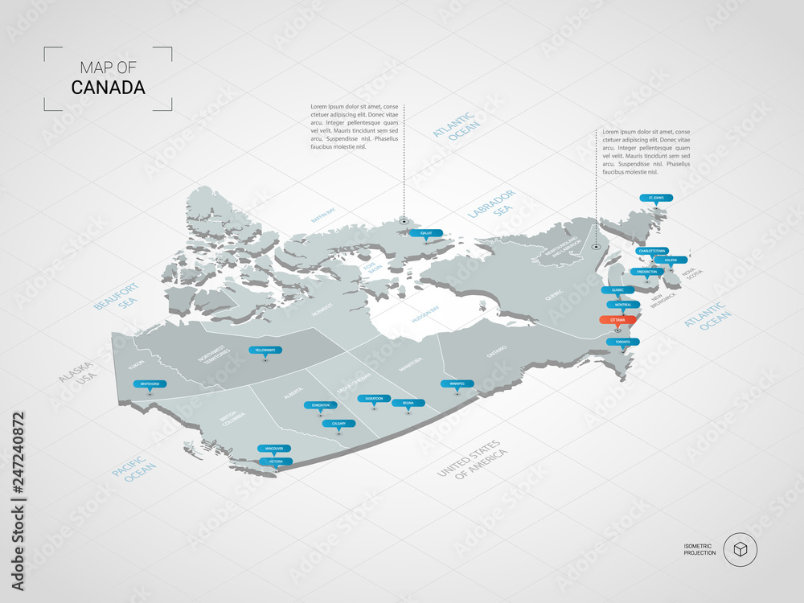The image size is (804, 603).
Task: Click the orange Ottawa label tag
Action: click(x=617, y=320)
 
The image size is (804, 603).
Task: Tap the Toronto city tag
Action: click(x=623, y=342)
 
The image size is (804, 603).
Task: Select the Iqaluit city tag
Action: click(x=425, y=232)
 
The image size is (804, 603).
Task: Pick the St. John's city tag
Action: click(x=656, y=198)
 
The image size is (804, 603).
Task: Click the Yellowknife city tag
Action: click(x=265, y=351)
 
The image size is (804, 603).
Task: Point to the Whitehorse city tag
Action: click(x=153, y=384)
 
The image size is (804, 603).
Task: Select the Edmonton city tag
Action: click(x=320, y=405)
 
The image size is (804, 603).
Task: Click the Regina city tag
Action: click(x=408, y=403)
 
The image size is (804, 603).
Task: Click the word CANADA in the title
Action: click(x=109, y=88)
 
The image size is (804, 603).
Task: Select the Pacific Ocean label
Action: click(x=134, y=469)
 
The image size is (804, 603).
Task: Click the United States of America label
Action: click(x=473, y=459)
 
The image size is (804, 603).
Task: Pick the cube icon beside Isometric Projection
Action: click(x=740, y=550)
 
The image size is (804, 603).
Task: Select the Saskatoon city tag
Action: click(x=374, y=398)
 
